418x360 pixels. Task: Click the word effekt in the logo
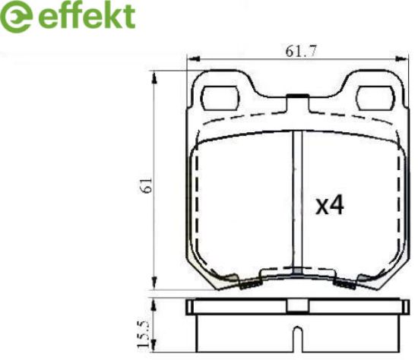[x=87, y=16]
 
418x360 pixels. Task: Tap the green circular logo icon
[x=17, y=17]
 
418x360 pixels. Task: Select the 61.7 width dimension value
[x=301, y=51]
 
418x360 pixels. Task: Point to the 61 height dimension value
[x=147, y=185]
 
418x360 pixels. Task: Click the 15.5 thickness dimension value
[x=144, y=334]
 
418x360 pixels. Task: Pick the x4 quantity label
[x=330, y=206]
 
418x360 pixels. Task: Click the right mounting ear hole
[x=376, y=98]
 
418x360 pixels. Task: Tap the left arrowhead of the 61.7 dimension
[x=193, y=59]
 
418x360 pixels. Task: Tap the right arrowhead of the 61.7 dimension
[x=402, y=59]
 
